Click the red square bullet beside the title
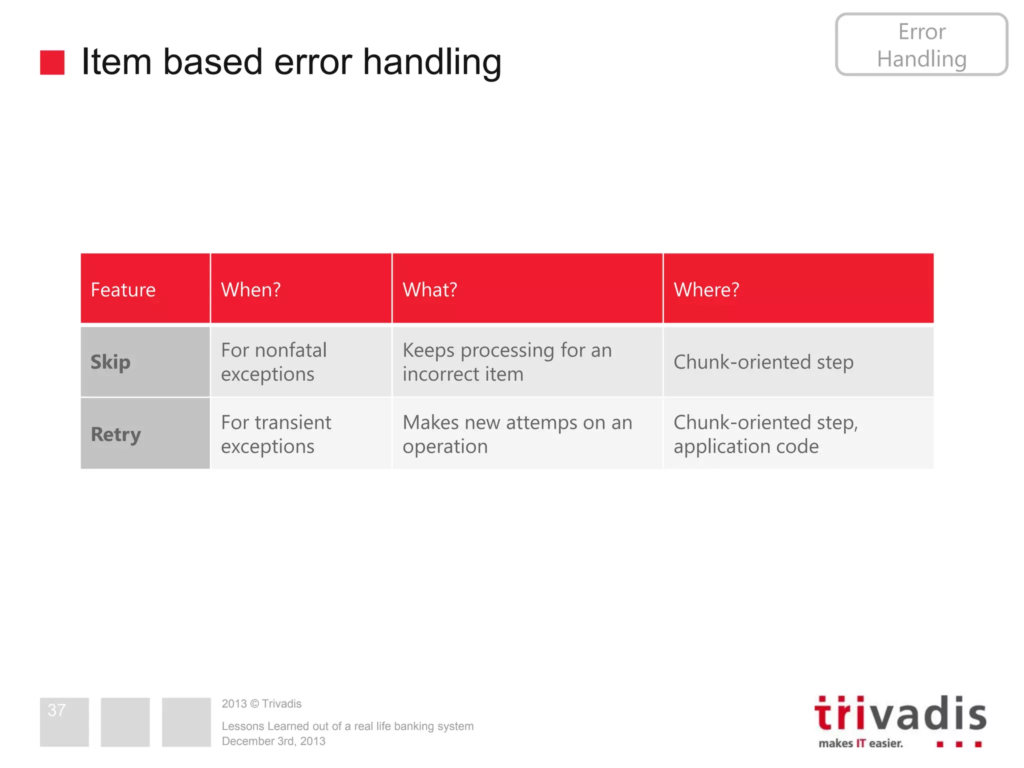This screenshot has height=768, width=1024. [52, 62]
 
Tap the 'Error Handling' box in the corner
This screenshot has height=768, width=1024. [921, 45]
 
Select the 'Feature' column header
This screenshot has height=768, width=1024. [123, 290]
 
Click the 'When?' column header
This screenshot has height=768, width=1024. [250, 290]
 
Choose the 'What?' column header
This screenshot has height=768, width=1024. [429, 290]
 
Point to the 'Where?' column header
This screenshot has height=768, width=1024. [706, 290]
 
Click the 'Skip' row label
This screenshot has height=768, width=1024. [110, 362]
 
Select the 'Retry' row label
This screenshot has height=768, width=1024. [115, 434]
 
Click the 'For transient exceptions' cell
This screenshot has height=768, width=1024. [275, 434]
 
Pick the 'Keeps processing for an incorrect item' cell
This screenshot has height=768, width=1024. [506, 362]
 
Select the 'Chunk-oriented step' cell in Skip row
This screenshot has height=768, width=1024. [763, 362]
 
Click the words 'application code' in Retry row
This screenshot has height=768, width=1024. [745, 446]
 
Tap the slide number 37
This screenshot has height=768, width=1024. [56, 710]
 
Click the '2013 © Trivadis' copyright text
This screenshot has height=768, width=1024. [261, 704]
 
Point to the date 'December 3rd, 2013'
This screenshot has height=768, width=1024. [273, 741]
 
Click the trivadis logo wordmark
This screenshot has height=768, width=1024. [900, 714]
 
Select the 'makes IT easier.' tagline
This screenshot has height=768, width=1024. [860, 743]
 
